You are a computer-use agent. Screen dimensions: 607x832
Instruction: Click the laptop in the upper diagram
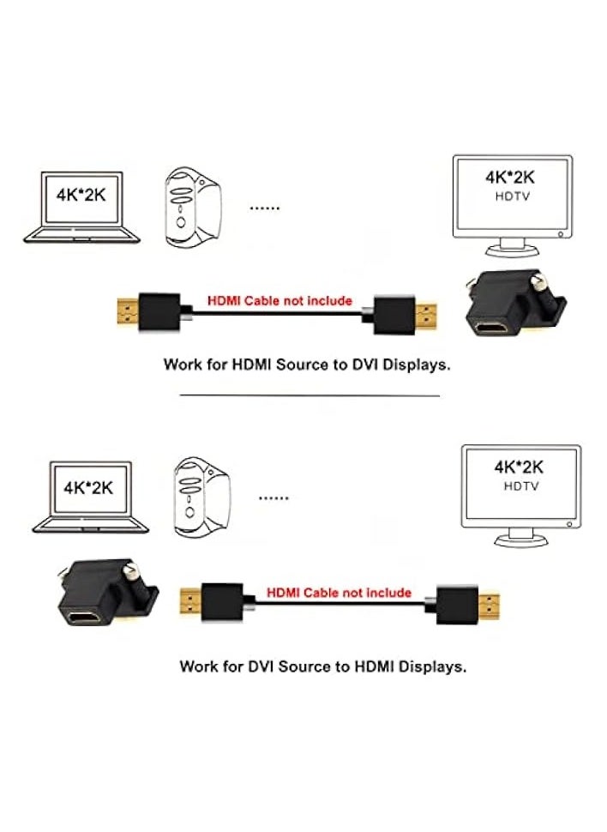coord(81,207)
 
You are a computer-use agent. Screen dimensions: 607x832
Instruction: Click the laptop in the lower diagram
coord(90,497)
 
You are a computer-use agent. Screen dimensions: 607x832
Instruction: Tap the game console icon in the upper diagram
coord(193,207)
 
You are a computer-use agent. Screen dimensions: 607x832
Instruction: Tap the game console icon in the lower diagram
coord(201,497)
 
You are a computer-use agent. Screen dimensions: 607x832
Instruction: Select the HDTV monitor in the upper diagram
coord(513,206)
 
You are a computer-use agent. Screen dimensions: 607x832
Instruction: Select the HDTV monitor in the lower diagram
coord(521,496)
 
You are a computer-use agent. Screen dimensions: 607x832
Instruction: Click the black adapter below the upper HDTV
coord(514,304)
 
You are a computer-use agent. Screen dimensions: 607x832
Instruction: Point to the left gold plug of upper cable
coord(128,312)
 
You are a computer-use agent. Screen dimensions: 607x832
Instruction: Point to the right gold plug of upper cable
coord(426,316)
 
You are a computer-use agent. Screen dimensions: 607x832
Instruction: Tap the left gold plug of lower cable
coord(190,601)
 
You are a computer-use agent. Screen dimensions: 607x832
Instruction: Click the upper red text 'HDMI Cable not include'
coord(279,301)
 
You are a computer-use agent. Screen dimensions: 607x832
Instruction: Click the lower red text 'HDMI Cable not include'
coord(339,592)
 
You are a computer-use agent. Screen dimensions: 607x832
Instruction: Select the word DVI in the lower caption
coord(261,666)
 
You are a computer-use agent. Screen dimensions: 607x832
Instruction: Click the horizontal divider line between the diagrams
coord(310,395)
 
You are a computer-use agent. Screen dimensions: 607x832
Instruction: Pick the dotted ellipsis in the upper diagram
coord(265,208)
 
